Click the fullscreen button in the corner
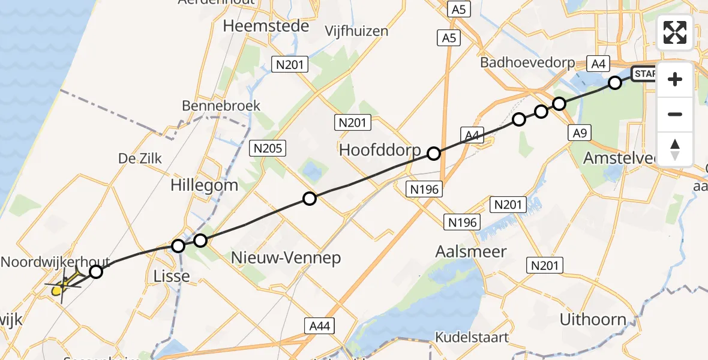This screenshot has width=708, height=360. click(x=675, y=32)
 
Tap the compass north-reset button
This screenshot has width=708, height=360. click(x=675, y=149)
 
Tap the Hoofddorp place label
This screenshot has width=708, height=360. click(x=380, y=150)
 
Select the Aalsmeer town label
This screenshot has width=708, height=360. click(x=472, y=252)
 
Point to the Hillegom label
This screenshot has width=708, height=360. click(x=204, y=185)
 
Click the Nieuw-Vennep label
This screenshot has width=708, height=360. click(x=286, y=258)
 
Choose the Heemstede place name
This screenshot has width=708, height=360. click(x=266, y=26)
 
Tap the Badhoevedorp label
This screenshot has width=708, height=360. click(x=527, y=62)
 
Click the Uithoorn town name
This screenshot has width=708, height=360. click(x=592, y=319)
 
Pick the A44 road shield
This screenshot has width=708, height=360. click(x=319, y=326)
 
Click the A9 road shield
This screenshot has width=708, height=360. click(x=579, y=133)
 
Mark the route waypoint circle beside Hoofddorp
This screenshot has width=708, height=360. click(x=434, y=154)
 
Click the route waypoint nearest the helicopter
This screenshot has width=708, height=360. click(x=96, y=272)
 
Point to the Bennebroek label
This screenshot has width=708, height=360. click(x=221, y=106)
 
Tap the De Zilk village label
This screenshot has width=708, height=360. click(x=140, y=158)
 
